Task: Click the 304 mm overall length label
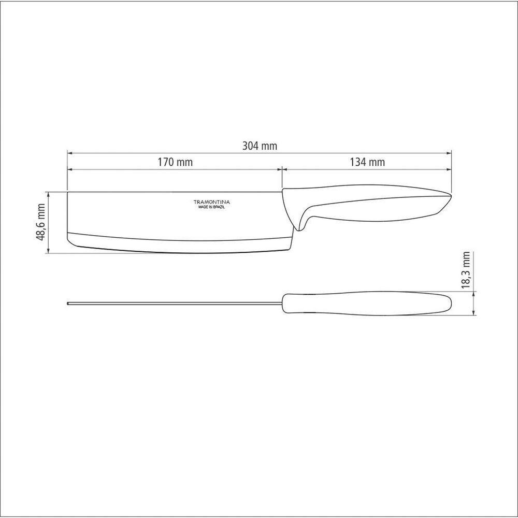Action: [260, 146]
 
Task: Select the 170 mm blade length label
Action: [175, 162]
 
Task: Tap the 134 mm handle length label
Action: [367, 162]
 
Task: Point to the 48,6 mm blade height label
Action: [41, 222]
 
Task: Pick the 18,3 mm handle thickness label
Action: [466, 270]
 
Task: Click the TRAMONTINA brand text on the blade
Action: [212, 202]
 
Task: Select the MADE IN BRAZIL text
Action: [212, 207]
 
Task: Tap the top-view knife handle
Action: [367, 303]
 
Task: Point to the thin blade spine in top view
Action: [175, 303]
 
